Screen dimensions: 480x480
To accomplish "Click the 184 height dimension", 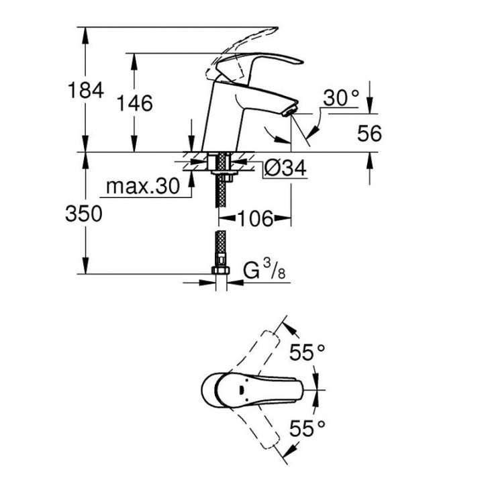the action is pos(86,91).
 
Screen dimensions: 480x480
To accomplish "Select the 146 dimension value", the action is pos(135,103).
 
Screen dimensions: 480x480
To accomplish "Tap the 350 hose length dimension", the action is pos(83,213).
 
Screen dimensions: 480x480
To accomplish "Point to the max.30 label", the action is pos(142,186).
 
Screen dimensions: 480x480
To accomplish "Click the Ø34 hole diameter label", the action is pos(285,168).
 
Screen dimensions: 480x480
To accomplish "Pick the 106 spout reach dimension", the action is pos(254,219).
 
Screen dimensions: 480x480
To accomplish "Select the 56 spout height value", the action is pos(369,134).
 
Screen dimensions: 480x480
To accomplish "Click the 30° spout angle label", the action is pos(341,98).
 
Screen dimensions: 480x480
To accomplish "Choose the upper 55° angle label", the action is pos(307,352).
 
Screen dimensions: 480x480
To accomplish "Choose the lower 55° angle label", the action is pos(307,428).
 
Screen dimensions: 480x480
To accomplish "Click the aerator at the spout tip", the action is pos(290,111).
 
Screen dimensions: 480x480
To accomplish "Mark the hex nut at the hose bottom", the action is pos(221,271).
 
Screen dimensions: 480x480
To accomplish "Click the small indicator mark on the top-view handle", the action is pos(241,390).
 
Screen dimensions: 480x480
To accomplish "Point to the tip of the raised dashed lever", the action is pos(277,30).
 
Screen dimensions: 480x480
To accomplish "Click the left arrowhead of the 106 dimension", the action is pos(226,219).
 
